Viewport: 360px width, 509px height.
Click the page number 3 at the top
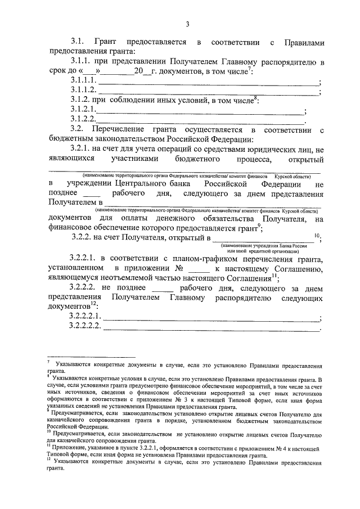tap(187, 23)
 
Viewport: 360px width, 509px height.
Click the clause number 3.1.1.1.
tap(84, 82)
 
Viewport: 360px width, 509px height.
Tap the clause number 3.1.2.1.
tap(84, 110)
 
